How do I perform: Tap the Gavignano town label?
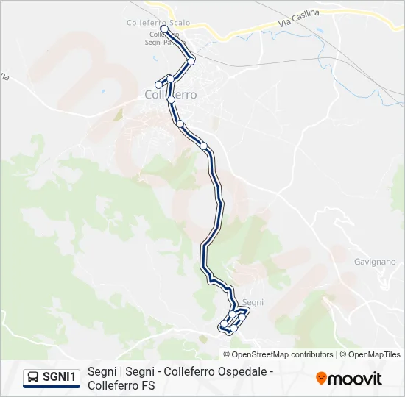(x=374, y=262)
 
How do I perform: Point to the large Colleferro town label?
(x=171, y=94)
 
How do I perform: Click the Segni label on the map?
(x=253, y=302)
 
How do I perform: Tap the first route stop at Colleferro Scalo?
(x=164, y=29)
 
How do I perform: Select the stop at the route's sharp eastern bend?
(x=191, y=60)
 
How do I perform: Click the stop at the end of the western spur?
(x=158, y=85)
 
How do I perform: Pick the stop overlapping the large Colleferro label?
(x=171, y=99)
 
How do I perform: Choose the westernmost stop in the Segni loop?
(x=224, y=324)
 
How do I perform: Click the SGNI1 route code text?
(x=59, y=377)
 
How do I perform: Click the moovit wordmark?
(x=355, y=379)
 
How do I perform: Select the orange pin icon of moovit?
(x=321, y=379)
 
